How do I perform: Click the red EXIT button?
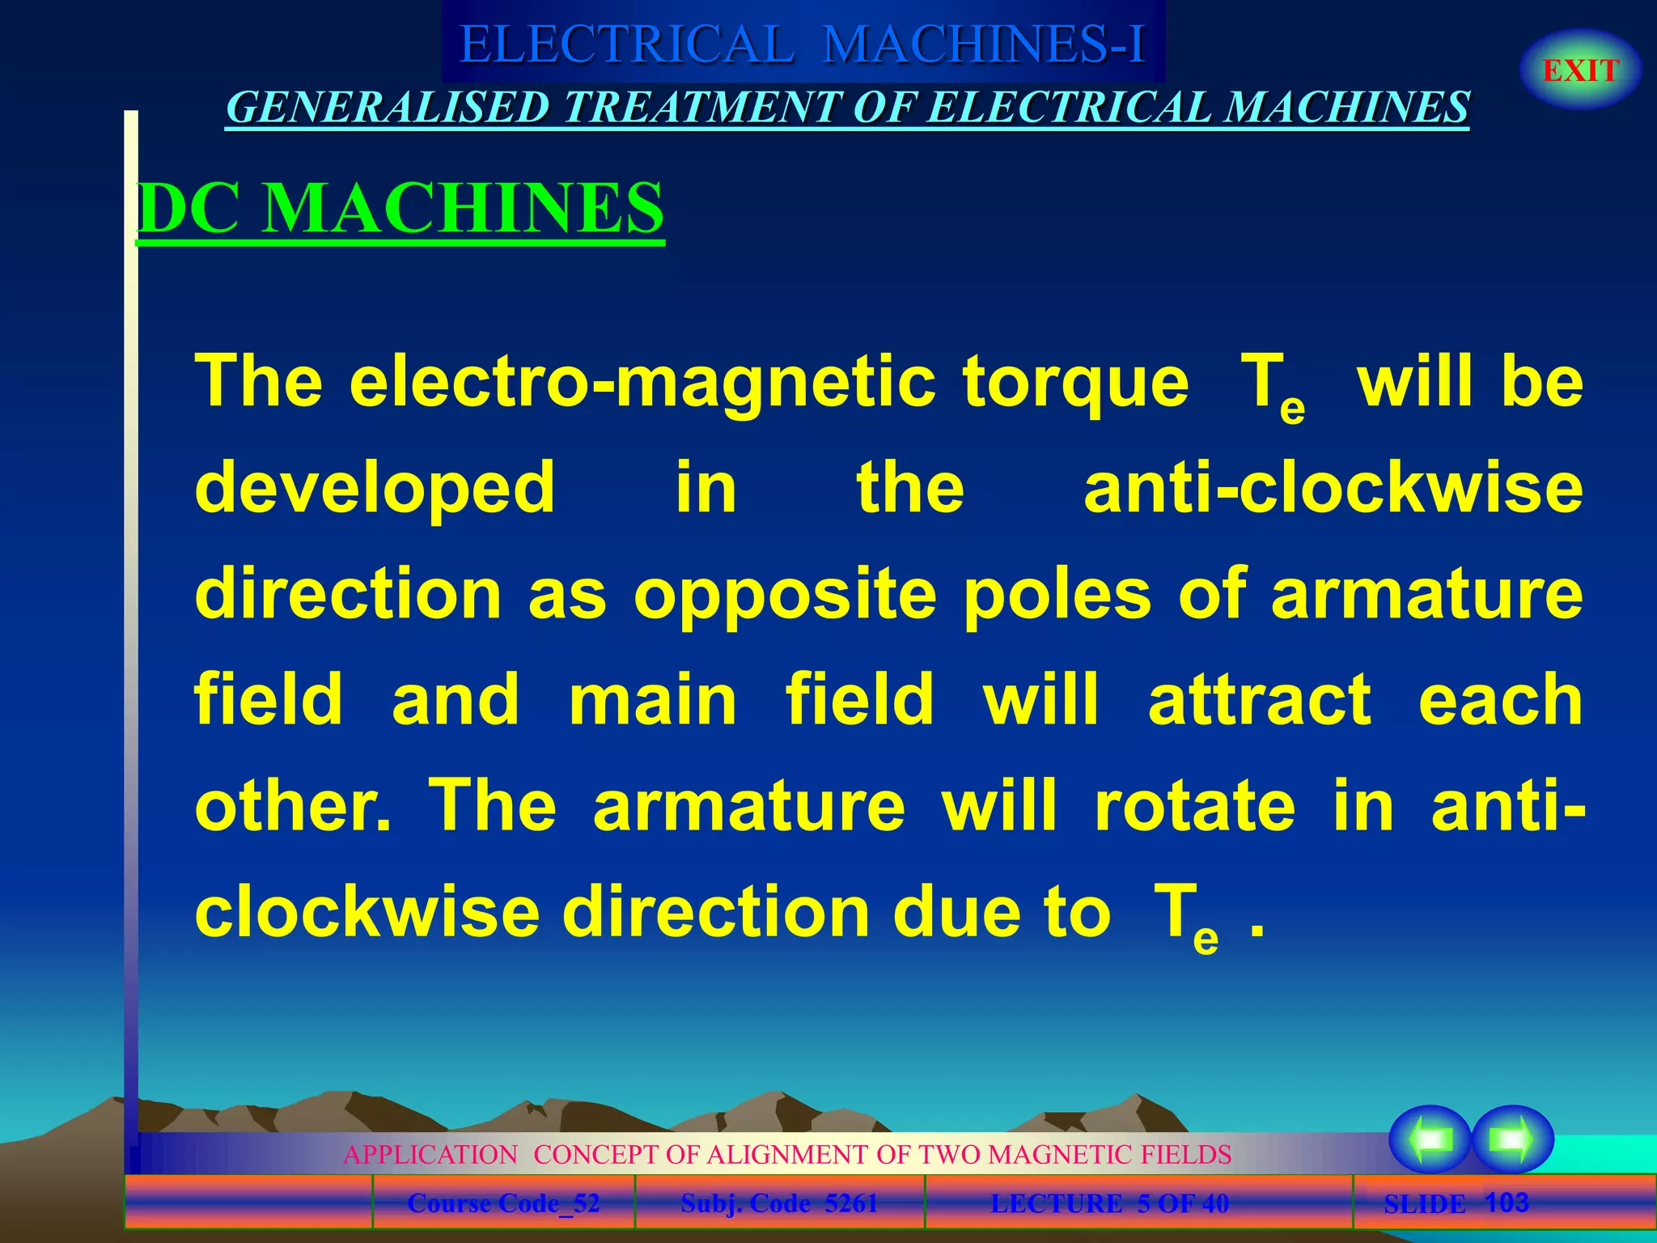[1580, 70]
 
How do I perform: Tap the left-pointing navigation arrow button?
[1430, 1139]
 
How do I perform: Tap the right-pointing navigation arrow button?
[1511, 1139]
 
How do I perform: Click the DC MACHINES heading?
[400, 208]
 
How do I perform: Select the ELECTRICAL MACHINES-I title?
[802, 44]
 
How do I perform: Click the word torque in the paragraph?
[1075, 381]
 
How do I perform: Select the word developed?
[375, 488]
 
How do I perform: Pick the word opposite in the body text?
[785, 595]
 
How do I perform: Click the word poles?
[1057, 595]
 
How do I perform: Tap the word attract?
[1259, 700]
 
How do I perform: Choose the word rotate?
[1194, 806]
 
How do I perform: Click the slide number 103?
[1507, 1203]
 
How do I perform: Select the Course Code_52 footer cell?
[503, 1203]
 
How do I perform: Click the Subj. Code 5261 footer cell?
[779, 1203]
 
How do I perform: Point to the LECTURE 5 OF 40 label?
[1109, 1203]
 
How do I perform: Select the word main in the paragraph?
[652, 700]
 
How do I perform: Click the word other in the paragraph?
[292, 806]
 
